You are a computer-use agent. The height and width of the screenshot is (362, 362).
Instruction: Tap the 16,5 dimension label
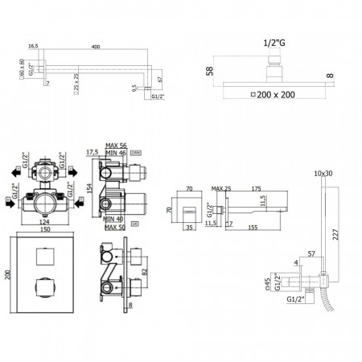(33, 47)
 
